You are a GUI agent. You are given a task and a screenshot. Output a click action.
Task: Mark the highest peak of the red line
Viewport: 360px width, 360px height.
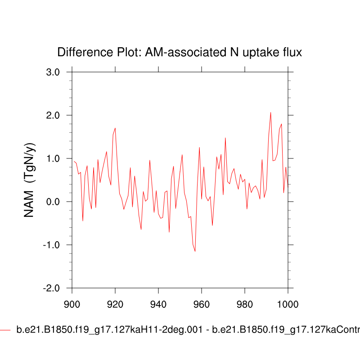coord(270,112)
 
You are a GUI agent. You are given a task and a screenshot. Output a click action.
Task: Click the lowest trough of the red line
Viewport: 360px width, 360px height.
coord(195,251)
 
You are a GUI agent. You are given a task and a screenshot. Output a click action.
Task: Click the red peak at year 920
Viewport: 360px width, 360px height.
coord(115,128)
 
